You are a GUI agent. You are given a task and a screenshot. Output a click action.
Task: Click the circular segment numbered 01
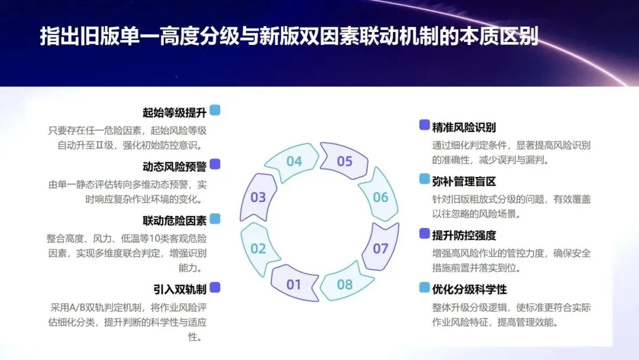click(294, 284)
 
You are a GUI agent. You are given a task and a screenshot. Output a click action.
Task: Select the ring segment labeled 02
click(259, 249)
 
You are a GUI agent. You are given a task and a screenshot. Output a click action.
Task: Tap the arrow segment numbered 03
click(259, 197)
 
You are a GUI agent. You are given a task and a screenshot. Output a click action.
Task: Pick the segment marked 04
click(294, 161)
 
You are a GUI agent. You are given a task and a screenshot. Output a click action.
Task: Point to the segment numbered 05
click(344, 161)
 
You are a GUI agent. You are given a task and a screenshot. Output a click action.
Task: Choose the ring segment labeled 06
click(380, 197)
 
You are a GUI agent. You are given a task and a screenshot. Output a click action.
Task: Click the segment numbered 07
click(380, 249)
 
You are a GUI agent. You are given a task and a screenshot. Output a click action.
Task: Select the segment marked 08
click(344, 284)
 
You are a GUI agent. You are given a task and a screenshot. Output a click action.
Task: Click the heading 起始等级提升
click(175, 112)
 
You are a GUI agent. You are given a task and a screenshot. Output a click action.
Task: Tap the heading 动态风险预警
click(175, 166)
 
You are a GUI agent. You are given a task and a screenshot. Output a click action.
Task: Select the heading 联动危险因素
click(175, 221)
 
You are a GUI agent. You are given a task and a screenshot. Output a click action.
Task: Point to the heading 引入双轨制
click(180, 289)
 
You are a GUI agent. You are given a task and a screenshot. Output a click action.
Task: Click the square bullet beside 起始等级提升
click(215, 110)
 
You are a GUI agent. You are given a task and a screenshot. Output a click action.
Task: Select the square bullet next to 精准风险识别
click(424, 124)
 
